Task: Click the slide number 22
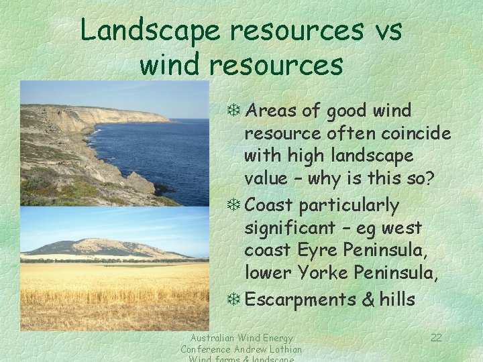point(436,337)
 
